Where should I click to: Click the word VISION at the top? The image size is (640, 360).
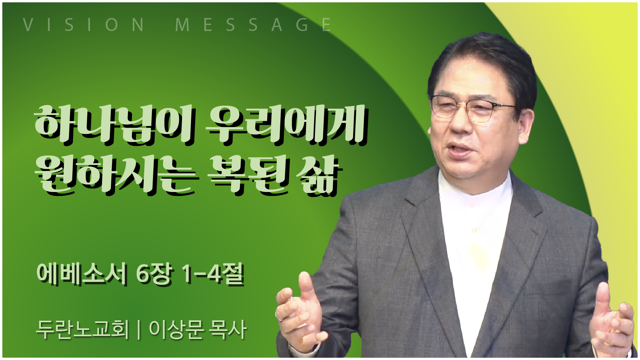click(x=84, y=25)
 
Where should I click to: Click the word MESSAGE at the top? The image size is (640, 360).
click(x=253, y=25)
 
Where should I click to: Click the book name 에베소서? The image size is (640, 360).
click(x=82, y=274)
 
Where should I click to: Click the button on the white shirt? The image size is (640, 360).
click(x=474, y=230)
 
